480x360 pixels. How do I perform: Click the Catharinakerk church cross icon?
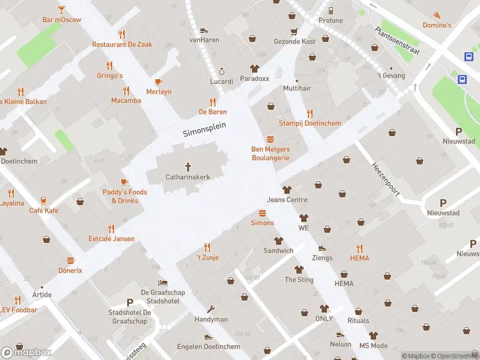coord(188,166)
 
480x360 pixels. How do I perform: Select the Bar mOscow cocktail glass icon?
coord(61,10)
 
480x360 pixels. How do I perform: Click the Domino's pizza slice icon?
coord(437,15)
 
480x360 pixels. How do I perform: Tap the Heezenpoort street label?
coord(385,178)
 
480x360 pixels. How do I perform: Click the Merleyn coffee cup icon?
coord(158,82)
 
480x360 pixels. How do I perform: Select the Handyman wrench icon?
coord(211,310)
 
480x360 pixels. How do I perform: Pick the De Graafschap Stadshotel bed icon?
coord(163,283)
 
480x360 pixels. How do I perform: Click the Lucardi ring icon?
coord(221,70)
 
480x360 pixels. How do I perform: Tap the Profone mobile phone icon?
coord(331,10)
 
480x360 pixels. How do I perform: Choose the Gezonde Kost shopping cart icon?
coord(294,31)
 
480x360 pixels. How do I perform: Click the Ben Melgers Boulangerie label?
coord(270,153)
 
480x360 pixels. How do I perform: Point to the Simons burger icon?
coord(262,213)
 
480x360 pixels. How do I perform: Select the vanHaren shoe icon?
coord(204,30)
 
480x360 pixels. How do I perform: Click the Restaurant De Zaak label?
coord(122,44)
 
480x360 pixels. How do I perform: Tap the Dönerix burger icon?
coord(70,260)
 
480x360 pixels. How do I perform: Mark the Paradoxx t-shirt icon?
coord(254,68)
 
